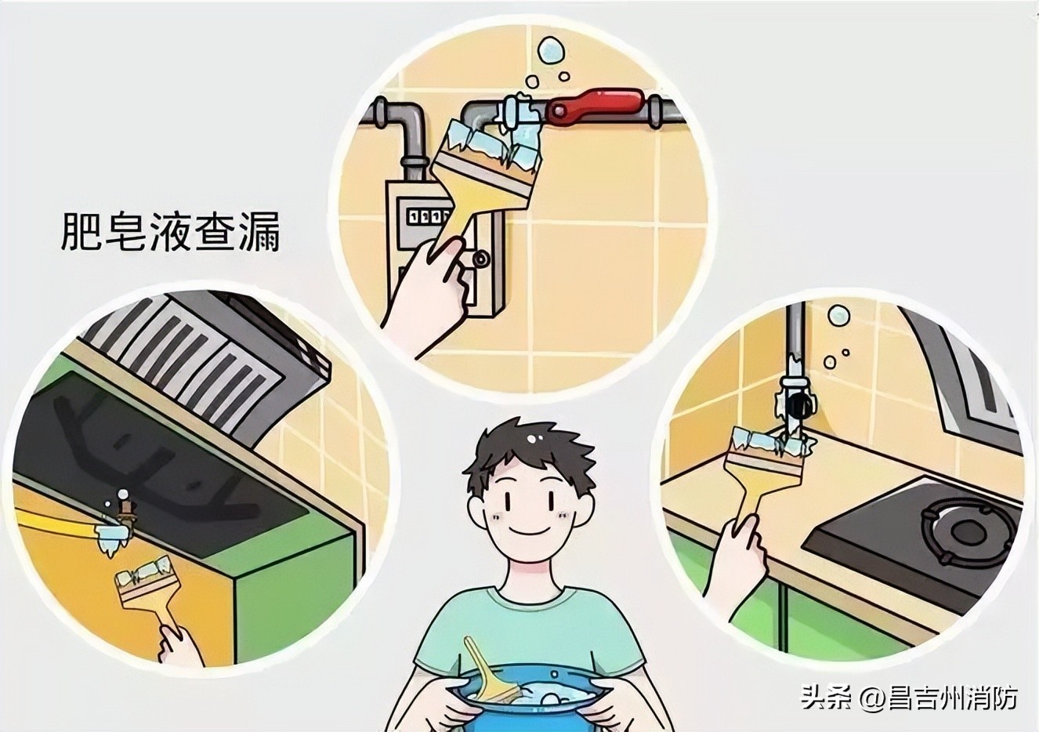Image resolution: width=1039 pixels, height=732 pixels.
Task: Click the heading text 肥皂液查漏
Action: pos(171,230)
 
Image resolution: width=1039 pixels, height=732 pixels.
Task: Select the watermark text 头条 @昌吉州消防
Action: pos(908,696)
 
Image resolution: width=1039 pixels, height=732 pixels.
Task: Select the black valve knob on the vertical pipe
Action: pos(799,405)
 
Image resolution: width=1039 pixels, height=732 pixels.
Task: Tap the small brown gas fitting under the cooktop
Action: pos(122,513)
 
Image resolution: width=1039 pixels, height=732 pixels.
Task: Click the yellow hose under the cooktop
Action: pos(55,521)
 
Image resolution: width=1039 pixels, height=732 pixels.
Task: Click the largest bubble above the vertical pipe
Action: pos(838,316)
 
